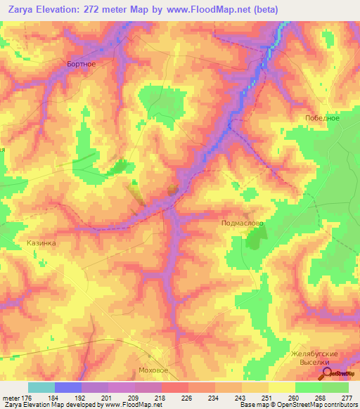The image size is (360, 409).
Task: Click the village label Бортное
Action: click(81, 63)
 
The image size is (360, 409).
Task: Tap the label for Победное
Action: click(323, 118)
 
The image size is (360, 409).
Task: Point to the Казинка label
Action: click(41, 243)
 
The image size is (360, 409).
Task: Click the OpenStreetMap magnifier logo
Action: click(326, 373)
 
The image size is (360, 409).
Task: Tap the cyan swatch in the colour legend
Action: click(41, 387)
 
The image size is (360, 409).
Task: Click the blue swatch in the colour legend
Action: click(68, 387)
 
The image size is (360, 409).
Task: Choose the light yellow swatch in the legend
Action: click(281, 387)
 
